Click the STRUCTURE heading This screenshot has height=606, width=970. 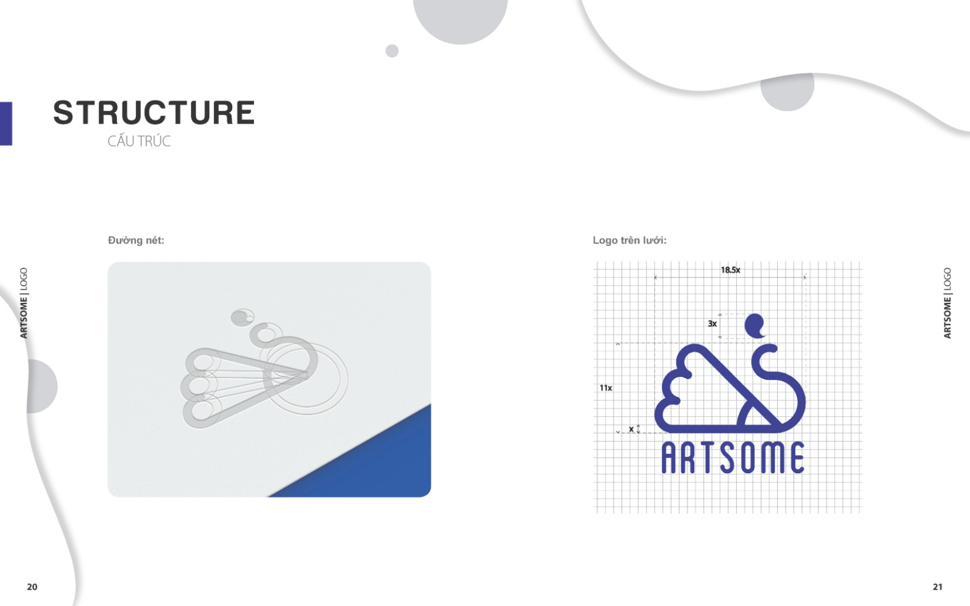tap(154, 113)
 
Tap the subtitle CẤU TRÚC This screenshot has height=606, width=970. tap(139, 141)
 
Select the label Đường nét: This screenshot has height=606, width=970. tap(136, 240)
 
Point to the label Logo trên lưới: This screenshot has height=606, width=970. tap(630, 240)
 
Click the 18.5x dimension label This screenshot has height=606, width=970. tap(731, 270)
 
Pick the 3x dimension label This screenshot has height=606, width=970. tap(712, 324)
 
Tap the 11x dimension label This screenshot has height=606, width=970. tap(606, 388)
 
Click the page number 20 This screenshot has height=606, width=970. tap(32, 587)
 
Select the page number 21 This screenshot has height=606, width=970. tap(937, 587)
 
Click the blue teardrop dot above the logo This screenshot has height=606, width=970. tap(754, 325)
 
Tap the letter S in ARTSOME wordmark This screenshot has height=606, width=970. tap(727, 458)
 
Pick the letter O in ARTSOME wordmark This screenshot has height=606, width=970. tap(748, 458)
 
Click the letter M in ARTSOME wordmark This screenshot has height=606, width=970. tap(773, 458)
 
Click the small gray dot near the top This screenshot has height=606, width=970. tap(392, 51)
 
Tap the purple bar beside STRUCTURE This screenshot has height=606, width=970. tap(6, 124)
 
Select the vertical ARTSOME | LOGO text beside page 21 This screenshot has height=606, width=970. tap(947, 303)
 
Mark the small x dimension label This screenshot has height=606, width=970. tap(631, 429)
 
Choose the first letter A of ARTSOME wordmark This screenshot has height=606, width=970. tap(669, 458)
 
